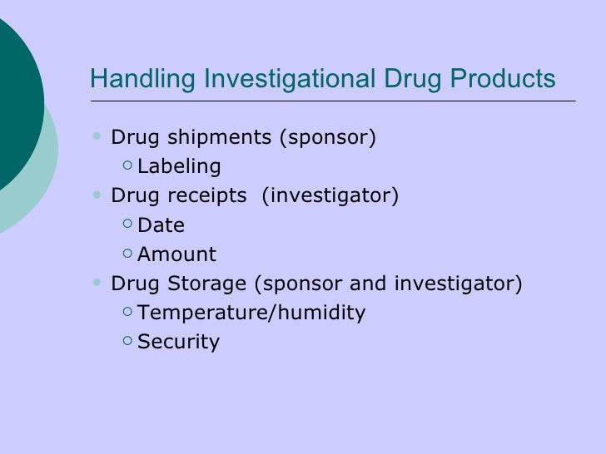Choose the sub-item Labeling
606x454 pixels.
[179, 166]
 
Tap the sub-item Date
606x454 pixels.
[161, 225]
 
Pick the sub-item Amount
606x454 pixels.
[176, 254]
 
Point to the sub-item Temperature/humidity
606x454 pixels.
[251, 313]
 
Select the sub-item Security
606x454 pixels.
[178, 342]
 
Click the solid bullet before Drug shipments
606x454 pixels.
[99, 136]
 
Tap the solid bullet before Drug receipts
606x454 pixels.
[99, 194]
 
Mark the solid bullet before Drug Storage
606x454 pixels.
[99, 282]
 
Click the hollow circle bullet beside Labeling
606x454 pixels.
[126, 165]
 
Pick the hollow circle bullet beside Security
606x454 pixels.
[126, 340]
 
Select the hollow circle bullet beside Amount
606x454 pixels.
[126, 253]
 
